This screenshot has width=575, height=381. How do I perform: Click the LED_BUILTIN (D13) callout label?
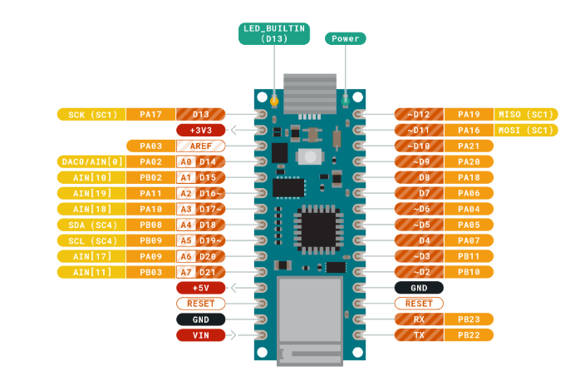point(273,33)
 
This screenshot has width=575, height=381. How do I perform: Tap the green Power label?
point(345,38)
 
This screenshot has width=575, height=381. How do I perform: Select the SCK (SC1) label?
point(91,114)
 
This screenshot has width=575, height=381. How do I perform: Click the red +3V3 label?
point(201,130)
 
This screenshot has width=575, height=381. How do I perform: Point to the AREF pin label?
point(200,146)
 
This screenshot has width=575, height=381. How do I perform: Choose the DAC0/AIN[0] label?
point(91,161)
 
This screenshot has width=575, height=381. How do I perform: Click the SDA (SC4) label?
point(91,225)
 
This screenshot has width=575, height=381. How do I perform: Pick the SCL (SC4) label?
point(91,240)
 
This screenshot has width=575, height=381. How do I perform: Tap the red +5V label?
point(201,288)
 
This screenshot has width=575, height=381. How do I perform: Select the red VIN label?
point(201,335)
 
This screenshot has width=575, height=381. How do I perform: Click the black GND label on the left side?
point(201,319)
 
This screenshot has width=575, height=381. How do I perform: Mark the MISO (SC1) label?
point(525,114)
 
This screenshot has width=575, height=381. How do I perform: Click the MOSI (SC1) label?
point(525,130)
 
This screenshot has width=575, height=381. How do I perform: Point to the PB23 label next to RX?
point(469,319)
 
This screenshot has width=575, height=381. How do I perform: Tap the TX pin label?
point(420,335)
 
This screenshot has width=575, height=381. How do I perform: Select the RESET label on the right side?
point(420,304)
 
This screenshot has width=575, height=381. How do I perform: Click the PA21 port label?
point(469,146)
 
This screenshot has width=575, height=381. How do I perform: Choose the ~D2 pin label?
point(420,272)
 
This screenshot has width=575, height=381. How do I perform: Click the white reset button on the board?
point(309,156)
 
